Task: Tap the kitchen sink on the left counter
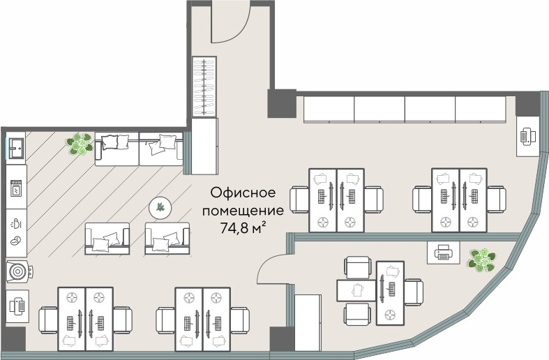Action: coord(17,148)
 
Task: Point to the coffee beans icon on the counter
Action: coord(15,241)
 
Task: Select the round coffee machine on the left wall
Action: coord(17,270)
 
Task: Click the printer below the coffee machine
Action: coord(17,305)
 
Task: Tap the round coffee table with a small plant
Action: coord(161,207)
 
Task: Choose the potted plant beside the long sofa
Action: coord(81,145)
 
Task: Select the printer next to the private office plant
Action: coord(443,253)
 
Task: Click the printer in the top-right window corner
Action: coord(527,135)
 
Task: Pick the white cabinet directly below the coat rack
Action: coord(204,146)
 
